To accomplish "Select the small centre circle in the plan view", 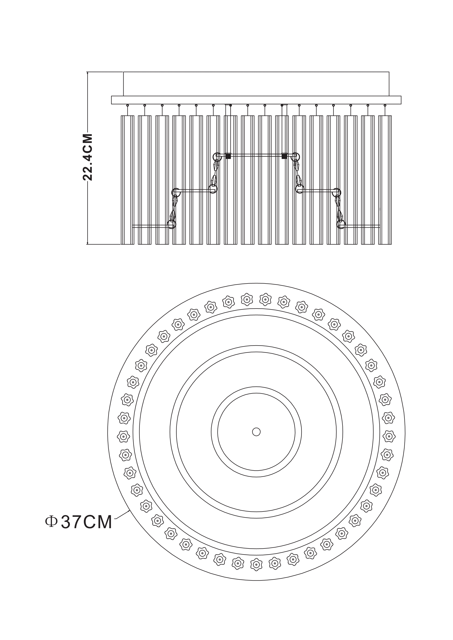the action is (256, 432).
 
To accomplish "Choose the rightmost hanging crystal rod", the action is (385, 180).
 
